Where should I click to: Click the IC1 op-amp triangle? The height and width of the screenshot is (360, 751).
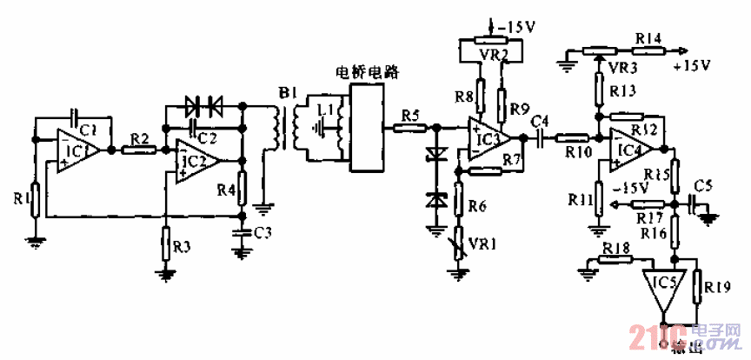pos(76,150)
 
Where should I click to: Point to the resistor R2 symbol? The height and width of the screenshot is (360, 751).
pos(139,150)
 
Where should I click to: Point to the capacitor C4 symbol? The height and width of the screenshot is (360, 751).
pos(541,137)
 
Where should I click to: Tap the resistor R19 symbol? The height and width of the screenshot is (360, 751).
pos(697,287)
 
